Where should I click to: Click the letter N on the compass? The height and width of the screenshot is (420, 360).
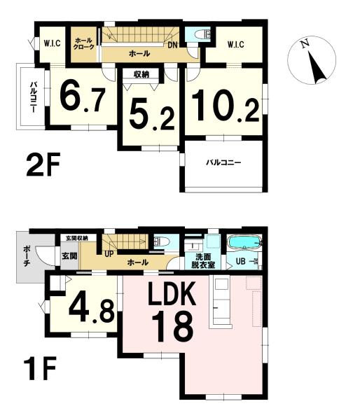tap(304, 44)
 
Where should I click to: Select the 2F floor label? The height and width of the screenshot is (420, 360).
tap(43, 164)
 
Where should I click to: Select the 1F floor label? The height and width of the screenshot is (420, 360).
tap(40, 367)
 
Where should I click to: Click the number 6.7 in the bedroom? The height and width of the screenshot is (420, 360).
tap(82, 97)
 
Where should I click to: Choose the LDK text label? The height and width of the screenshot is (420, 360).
tap(172, 295)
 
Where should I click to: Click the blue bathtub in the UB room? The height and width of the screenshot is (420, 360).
tap(244, 243)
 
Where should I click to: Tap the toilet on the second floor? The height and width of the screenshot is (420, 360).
tap(202, 34)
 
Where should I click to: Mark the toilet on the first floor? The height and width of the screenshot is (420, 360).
tap(162, 242)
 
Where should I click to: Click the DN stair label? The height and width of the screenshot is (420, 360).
tap(173, 45)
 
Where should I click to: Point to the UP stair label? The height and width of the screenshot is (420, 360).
tap(109, 253)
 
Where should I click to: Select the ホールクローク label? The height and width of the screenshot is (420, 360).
tap(84, 44)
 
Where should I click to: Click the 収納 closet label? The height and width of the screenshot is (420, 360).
tap(141, 74)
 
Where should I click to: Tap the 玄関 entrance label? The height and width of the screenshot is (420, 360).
tap(69, 255)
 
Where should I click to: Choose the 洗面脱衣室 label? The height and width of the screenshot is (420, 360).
tap(202, 261)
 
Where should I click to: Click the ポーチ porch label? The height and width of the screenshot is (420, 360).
tap(27, 255)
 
